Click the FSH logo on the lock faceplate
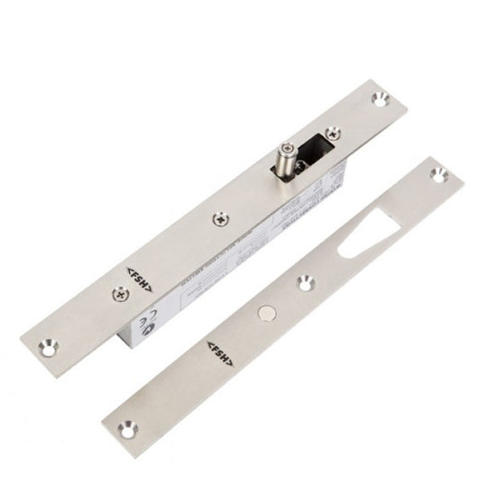pyautogui.click(x=137, y=278)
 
